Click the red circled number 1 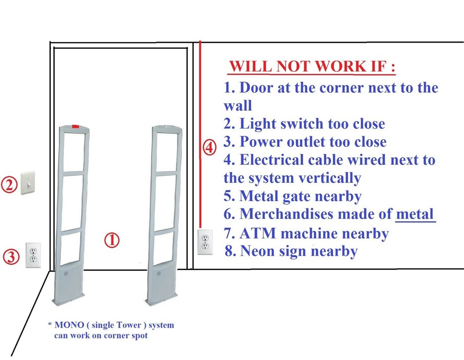(x=112, y=240)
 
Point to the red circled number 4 (x=209, y=148)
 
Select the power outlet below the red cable (x=205, y=242)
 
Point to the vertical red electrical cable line (x=200, y=97)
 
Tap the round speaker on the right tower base (x=159, y=274)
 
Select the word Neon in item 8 (x=260, y=251)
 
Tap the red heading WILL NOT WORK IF (x=312, y=66)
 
